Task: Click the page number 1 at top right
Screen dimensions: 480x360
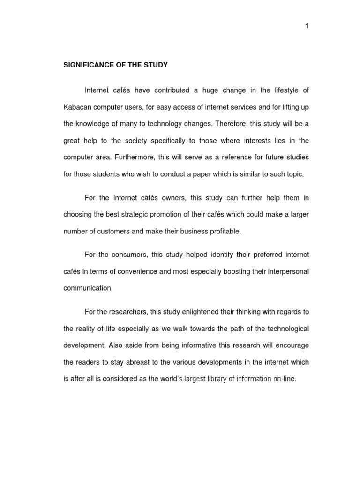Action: [307, 26]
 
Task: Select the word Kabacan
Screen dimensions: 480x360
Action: [78, 107]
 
